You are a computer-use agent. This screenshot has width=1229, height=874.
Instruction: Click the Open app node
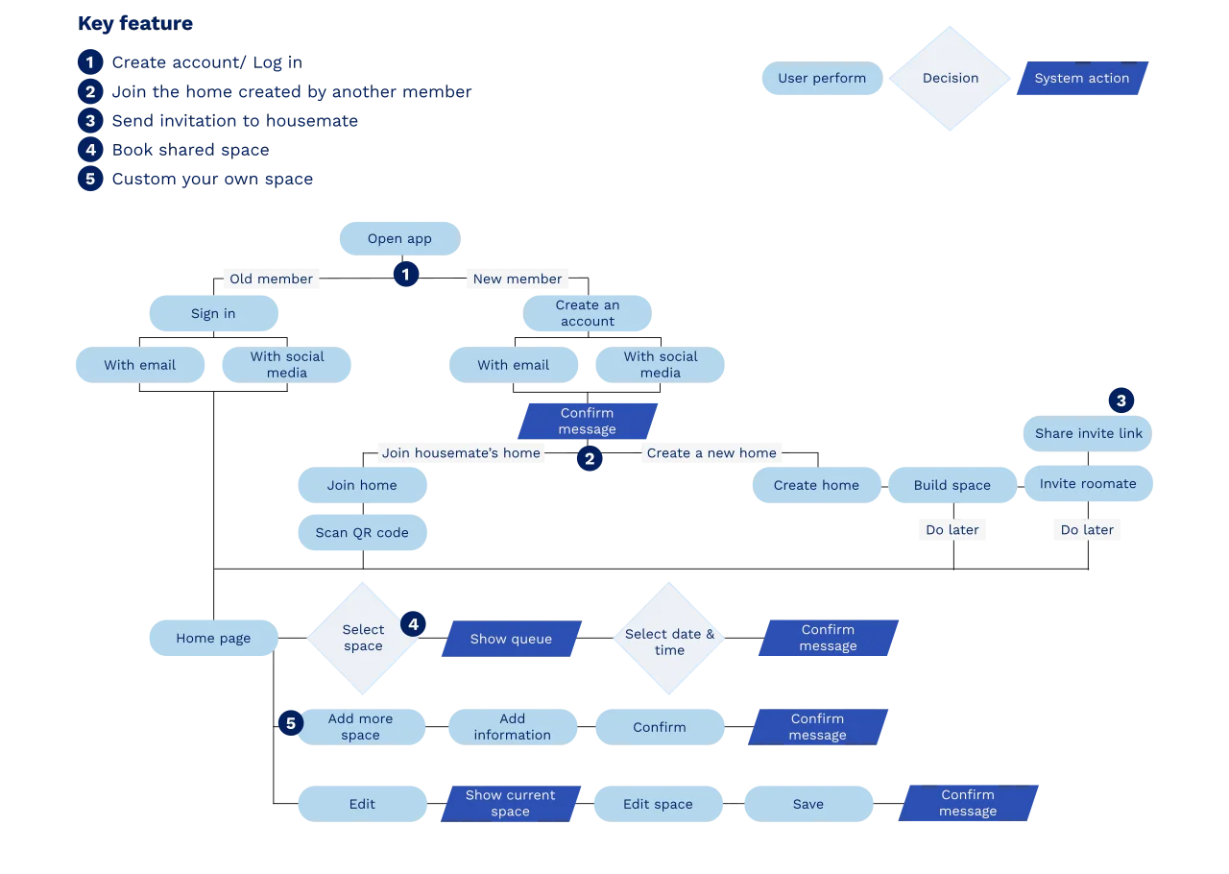point(399,239)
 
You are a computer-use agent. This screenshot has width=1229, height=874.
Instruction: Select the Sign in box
point(213,314)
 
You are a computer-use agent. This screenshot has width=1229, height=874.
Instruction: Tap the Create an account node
point(588,313)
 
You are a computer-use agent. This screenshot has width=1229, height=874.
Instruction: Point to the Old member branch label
point(272,279)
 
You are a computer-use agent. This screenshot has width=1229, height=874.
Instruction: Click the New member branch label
point(517,279)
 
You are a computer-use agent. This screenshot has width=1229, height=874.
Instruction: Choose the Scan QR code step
point(362,533)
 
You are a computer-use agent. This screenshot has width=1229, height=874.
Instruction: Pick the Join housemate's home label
point(461,453)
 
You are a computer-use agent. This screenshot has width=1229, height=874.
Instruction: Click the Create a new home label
point(711,453)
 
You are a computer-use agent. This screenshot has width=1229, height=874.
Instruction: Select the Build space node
point(952,485)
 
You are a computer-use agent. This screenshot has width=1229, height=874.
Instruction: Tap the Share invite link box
point(1088,433)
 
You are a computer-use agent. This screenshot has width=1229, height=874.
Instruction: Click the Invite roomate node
point(1088,484)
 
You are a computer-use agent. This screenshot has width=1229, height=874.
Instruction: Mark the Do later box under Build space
point(952,530)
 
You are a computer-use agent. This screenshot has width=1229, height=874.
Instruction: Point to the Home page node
point(213,639)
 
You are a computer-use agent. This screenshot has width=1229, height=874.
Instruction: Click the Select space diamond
point(363,638)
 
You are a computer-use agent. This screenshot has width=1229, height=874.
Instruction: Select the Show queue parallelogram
point(511,639)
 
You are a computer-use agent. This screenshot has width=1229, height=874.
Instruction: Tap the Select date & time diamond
point(669,642)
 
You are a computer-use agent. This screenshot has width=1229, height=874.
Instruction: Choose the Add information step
point(512,727)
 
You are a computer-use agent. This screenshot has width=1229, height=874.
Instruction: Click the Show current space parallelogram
point(510,803)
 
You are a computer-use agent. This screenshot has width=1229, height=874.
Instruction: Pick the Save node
point(807,804)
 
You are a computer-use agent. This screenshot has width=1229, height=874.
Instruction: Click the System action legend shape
point(1081,79)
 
